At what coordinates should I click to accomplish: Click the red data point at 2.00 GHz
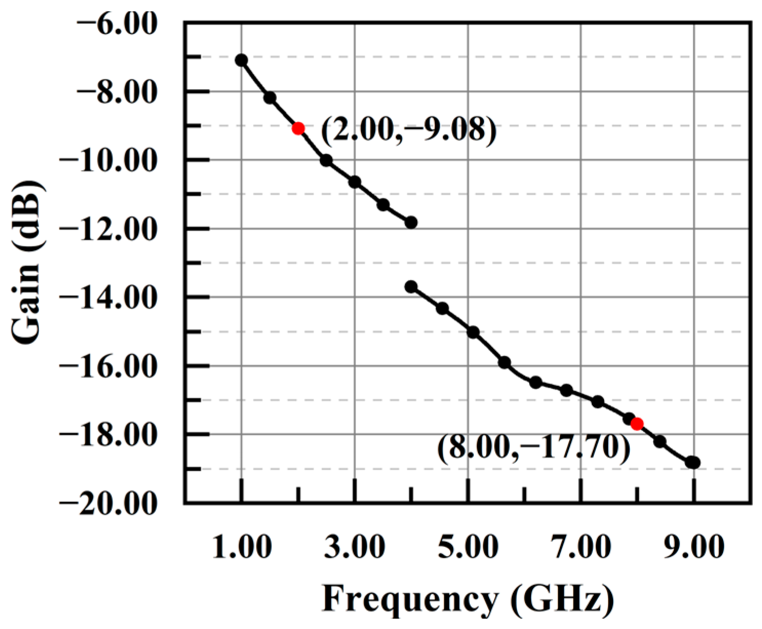coord(298,128)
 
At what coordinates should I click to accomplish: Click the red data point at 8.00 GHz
coord(637,424)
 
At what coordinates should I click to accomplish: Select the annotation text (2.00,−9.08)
coord(409,130)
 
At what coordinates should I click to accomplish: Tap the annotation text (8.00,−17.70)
coord(533,448)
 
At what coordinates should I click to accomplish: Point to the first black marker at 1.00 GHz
coord(241,60)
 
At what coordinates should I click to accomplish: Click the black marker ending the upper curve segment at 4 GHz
coord(411,222)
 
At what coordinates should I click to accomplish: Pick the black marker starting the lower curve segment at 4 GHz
coord(411,287)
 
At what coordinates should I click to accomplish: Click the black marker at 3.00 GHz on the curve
coord(354,182)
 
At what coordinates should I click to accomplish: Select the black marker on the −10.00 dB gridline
coord(326,160)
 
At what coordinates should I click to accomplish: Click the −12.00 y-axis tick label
coord(108,229)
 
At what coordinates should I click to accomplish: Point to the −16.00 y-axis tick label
coord(108,367)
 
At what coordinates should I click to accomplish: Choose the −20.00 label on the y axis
coord(108,503)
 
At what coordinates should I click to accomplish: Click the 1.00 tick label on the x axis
coord(242,547)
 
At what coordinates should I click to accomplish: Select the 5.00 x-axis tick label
coord(468,547)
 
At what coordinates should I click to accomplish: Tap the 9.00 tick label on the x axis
coord(694,547)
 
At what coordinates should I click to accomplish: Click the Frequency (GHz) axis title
coord(468,598)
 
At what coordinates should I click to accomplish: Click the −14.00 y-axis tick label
coord(108,298)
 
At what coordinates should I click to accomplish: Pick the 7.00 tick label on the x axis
coord(581,547)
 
